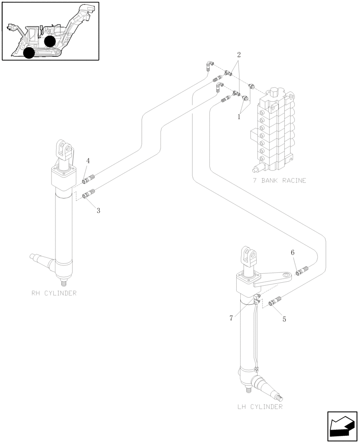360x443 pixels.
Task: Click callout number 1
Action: (x=239, y=117)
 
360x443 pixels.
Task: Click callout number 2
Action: (x=239, y=55)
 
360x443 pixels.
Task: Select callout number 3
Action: (x=98, y=210)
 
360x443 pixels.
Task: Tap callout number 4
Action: (x=88, y=161)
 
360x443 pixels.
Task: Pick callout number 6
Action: (x=293, y=252)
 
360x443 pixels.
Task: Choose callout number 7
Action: (x=231, y=318)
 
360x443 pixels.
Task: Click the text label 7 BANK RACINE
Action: (x=279, y=180)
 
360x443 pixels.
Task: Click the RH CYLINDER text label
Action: (x=54, y=293)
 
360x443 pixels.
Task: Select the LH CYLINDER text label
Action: (x=259, y=406)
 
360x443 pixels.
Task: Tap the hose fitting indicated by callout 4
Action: (x=89, y=179)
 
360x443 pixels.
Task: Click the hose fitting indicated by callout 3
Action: (x=89, y=194)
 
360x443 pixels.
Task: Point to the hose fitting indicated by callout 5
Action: (x=275, y=301)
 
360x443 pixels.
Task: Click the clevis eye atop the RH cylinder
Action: (x=64, y=148)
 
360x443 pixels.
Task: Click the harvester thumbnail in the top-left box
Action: (x=50, y=31)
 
